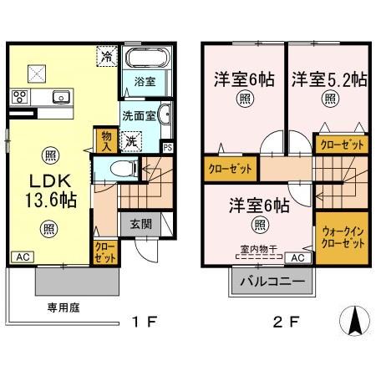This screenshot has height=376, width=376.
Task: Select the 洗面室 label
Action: click(139, 114)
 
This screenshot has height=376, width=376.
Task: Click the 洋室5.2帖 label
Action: click(328, 81)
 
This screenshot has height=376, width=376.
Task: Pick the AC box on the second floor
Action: click(298, 257)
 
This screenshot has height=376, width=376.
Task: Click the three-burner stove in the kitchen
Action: click(20, 96)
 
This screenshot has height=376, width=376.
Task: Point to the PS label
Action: click(168, 149)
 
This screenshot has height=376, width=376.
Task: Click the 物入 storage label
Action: click(107, 139)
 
